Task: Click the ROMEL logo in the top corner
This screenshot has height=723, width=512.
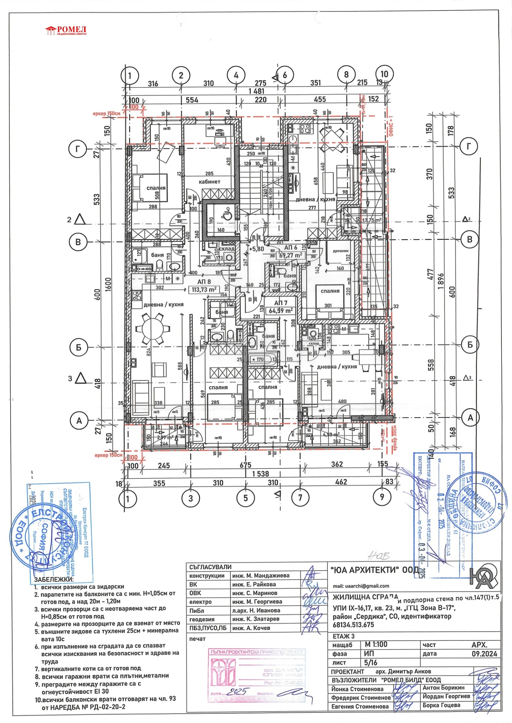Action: click(66, 31)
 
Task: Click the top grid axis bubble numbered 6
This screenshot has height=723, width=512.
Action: click(285, 76)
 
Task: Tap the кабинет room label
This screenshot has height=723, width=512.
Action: click(209, 182)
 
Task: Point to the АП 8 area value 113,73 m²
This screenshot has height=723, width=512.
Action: click(204, 289)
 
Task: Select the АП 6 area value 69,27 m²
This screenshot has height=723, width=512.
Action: click(291, 255)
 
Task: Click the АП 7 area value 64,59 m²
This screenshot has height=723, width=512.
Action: click(281, 310)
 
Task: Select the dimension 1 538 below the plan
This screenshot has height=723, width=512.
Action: click(260, 474)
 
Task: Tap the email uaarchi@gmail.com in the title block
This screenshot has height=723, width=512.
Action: click(361, 586)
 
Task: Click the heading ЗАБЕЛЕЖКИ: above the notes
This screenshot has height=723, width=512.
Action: click(53, 580)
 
